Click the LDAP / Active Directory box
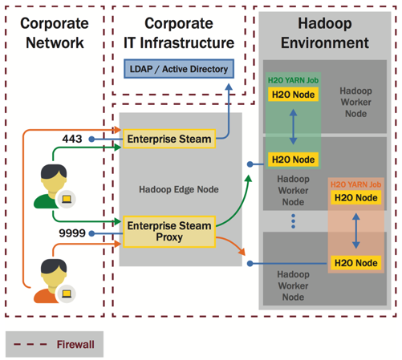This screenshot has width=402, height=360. coord(179,69)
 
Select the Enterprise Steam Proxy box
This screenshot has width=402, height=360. coord(169,232)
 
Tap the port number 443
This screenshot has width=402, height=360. coord(72,139)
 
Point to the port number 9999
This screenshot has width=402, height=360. coord(72,233)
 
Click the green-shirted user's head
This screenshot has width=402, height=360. coord(54,177)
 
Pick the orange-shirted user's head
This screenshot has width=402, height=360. coord(54,272)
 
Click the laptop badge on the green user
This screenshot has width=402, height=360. coord(67,199)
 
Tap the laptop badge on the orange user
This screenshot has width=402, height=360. coord(67,293)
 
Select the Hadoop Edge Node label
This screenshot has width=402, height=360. coord(179,189)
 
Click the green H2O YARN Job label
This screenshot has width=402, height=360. coord(293,80)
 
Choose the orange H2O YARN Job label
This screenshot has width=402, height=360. coord(355,184)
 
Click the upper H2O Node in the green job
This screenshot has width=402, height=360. coord(293,95)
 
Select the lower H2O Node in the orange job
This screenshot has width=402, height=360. coord(355,263)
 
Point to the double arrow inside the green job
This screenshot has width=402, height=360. coord(293,127)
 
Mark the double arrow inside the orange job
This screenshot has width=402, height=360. coord(355,231)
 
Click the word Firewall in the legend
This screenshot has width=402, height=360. coord(75,345)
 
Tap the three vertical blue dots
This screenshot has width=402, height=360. coord(293,221)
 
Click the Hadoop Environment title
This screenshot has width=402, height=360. coord(325,33)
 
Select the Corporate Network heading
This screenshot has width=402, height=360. coord(55,33)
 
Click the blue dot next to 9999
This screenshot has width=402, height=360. coord(91,233)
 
